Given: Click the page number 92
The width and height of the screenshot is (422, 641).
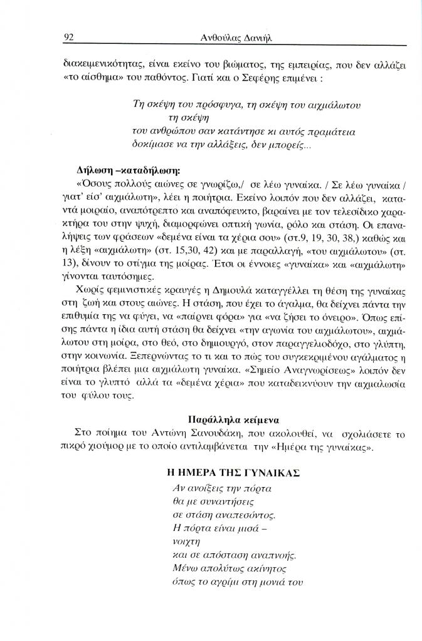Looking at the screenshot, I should [70, 38].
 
